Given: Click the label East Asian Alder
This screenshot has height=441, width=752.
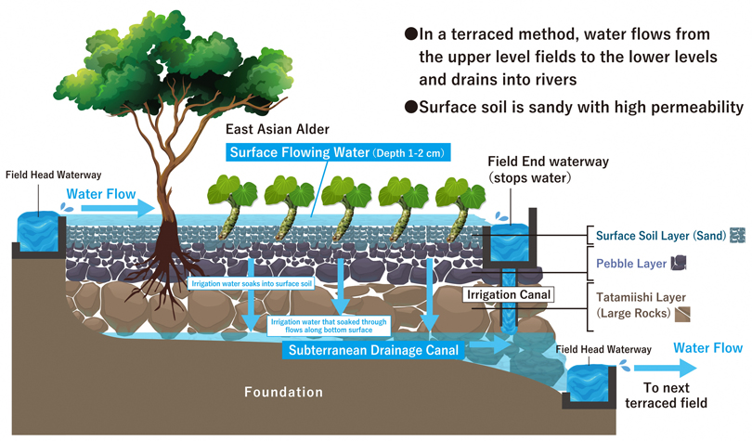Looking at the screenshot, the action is [278, 129].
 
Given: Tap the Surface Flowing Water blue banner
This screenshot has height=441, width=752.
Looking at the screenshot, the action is [338, 152].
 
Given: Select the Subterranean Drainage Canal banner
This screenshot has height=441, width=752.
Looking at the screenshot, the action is [373, 350].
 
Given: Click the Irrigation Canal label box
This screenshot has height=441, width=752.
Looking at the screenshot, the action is [509, 294].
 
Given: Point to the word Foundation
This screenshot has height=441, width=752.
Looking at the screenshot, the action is [283, 392].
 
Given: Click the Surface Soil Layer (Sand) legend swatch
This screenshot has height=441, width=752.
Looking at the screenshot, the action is [738, 236].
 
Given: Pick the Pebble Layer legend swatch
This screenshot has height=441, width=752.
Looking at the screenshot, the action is [678, 263].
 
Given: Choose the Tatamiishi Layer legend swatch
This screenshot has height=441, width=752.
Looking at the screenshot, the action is [682, 314].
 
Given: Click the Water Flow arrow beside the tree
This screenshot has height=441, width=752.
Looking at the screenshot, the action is [118, 208].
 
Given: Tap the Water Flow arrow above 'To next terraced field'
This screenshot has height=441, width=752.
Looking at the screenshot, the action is [666, 369].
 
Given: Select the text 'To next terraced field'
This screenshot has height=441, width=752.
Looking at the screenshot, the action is [667, 395].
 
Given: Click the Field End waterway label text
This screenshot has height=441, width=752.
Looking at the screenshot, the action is [548, 169].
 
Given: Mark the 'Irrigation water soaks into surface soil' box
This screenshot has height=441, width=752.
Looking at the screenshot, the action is [252, 283].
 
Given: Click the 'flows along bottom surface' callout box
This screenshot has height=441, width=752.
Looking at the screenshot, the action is [329, 326].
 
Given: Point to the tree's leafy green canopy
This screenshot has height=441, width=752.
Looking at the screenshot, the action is [173, 62].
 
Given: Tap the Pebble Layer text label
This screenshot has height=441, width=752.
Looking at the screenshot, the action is [631, 263].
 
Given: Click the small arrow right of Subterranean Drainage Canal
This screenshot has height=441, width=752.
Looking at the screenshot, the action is [490, 344].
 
